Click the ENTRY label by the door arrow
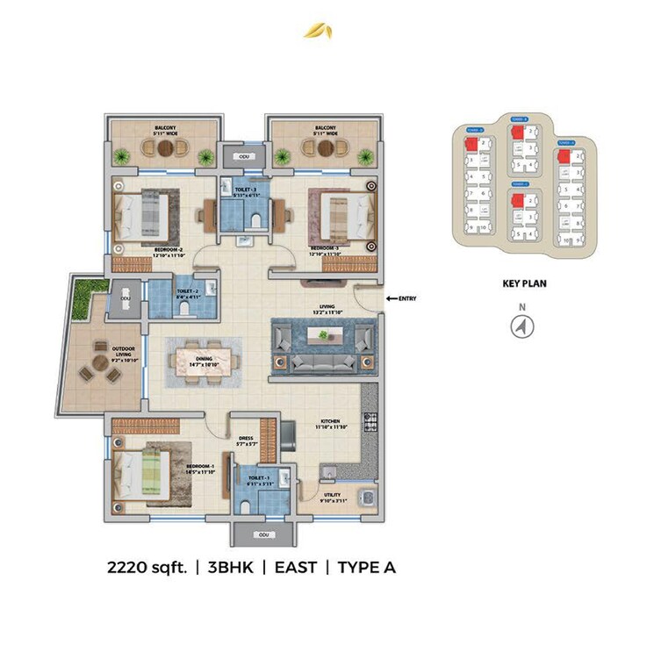pyautogui.click(x=406, y=298)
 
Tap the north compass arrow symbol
pyautogui.click(x=522, y=326)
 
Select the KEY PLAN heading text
pyautogui.click(x=521, y=284)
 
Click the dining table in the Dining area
pyautogui.click(x=204, y=362)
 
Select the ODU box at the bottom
pyautogui.click(x=262, y=534)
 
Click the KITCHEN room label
pyautogui.click(x=329, y=421)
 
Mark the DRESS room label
pyautogui.click(x=247, y=439)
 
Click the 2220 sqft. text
pyautogui.click(x=147, y=568)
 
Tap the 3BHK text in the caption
pyautogui.click(x=231, y=568)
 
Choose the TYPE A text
pyautogui.click(x=366, y=568)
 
